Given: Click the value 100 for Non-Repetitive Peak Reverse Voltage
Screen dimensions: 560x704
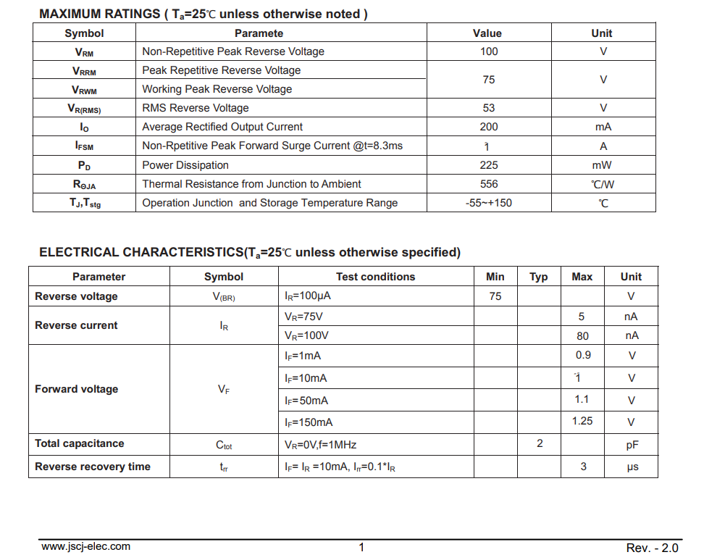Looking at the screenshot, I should [489, 51].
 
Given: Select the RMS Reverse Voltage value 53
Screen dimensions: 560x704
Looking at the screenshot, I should [489, 108].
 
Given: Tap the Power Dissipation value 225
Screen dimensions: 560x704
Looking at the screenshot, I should [489, 165].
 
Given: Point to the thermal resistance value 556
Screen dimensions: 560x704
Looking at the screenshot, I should [489, 184].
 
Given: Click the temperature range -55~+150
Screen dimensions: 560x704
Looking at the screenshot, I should [489, 203].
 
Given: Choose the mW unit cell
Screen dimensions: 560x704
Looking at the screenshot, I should [602, 165].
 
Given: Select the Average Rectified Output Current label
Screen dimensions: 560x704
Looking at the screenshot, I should [222, 127].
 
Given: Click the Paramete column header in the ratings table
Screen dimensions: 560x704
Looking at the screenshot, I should [259, 33].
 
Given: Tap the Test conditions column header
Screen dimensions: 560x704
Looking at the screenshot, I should [375, 277].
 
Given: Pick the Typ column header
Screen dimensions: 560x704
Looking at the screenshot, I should [539, 277].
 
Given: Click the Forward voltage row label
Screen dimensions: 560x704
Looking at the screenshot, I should [76, 389].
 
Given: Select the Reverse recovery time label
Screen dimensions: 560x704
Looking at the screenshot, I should [93, 467].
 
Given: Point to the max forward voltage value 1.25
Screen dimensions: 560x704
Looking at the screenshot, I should [582, 421].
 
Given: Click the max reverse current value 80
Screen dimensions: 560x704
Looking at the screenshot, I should [582, 336].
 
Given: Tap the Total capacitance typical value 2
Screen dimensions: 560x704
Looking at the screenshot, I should [540, 443].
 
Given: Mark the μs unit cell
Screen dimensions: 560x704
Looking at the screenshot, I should [632, 467].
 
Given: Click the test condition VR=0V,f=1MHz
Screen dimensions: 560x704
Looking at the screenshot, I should [320, 445].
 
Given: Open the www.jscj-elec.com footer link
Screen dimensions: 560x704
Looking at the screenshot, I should [85, 547].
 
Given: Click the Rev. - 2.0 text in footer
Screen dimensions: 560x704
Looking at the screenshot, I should [652, 548].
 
